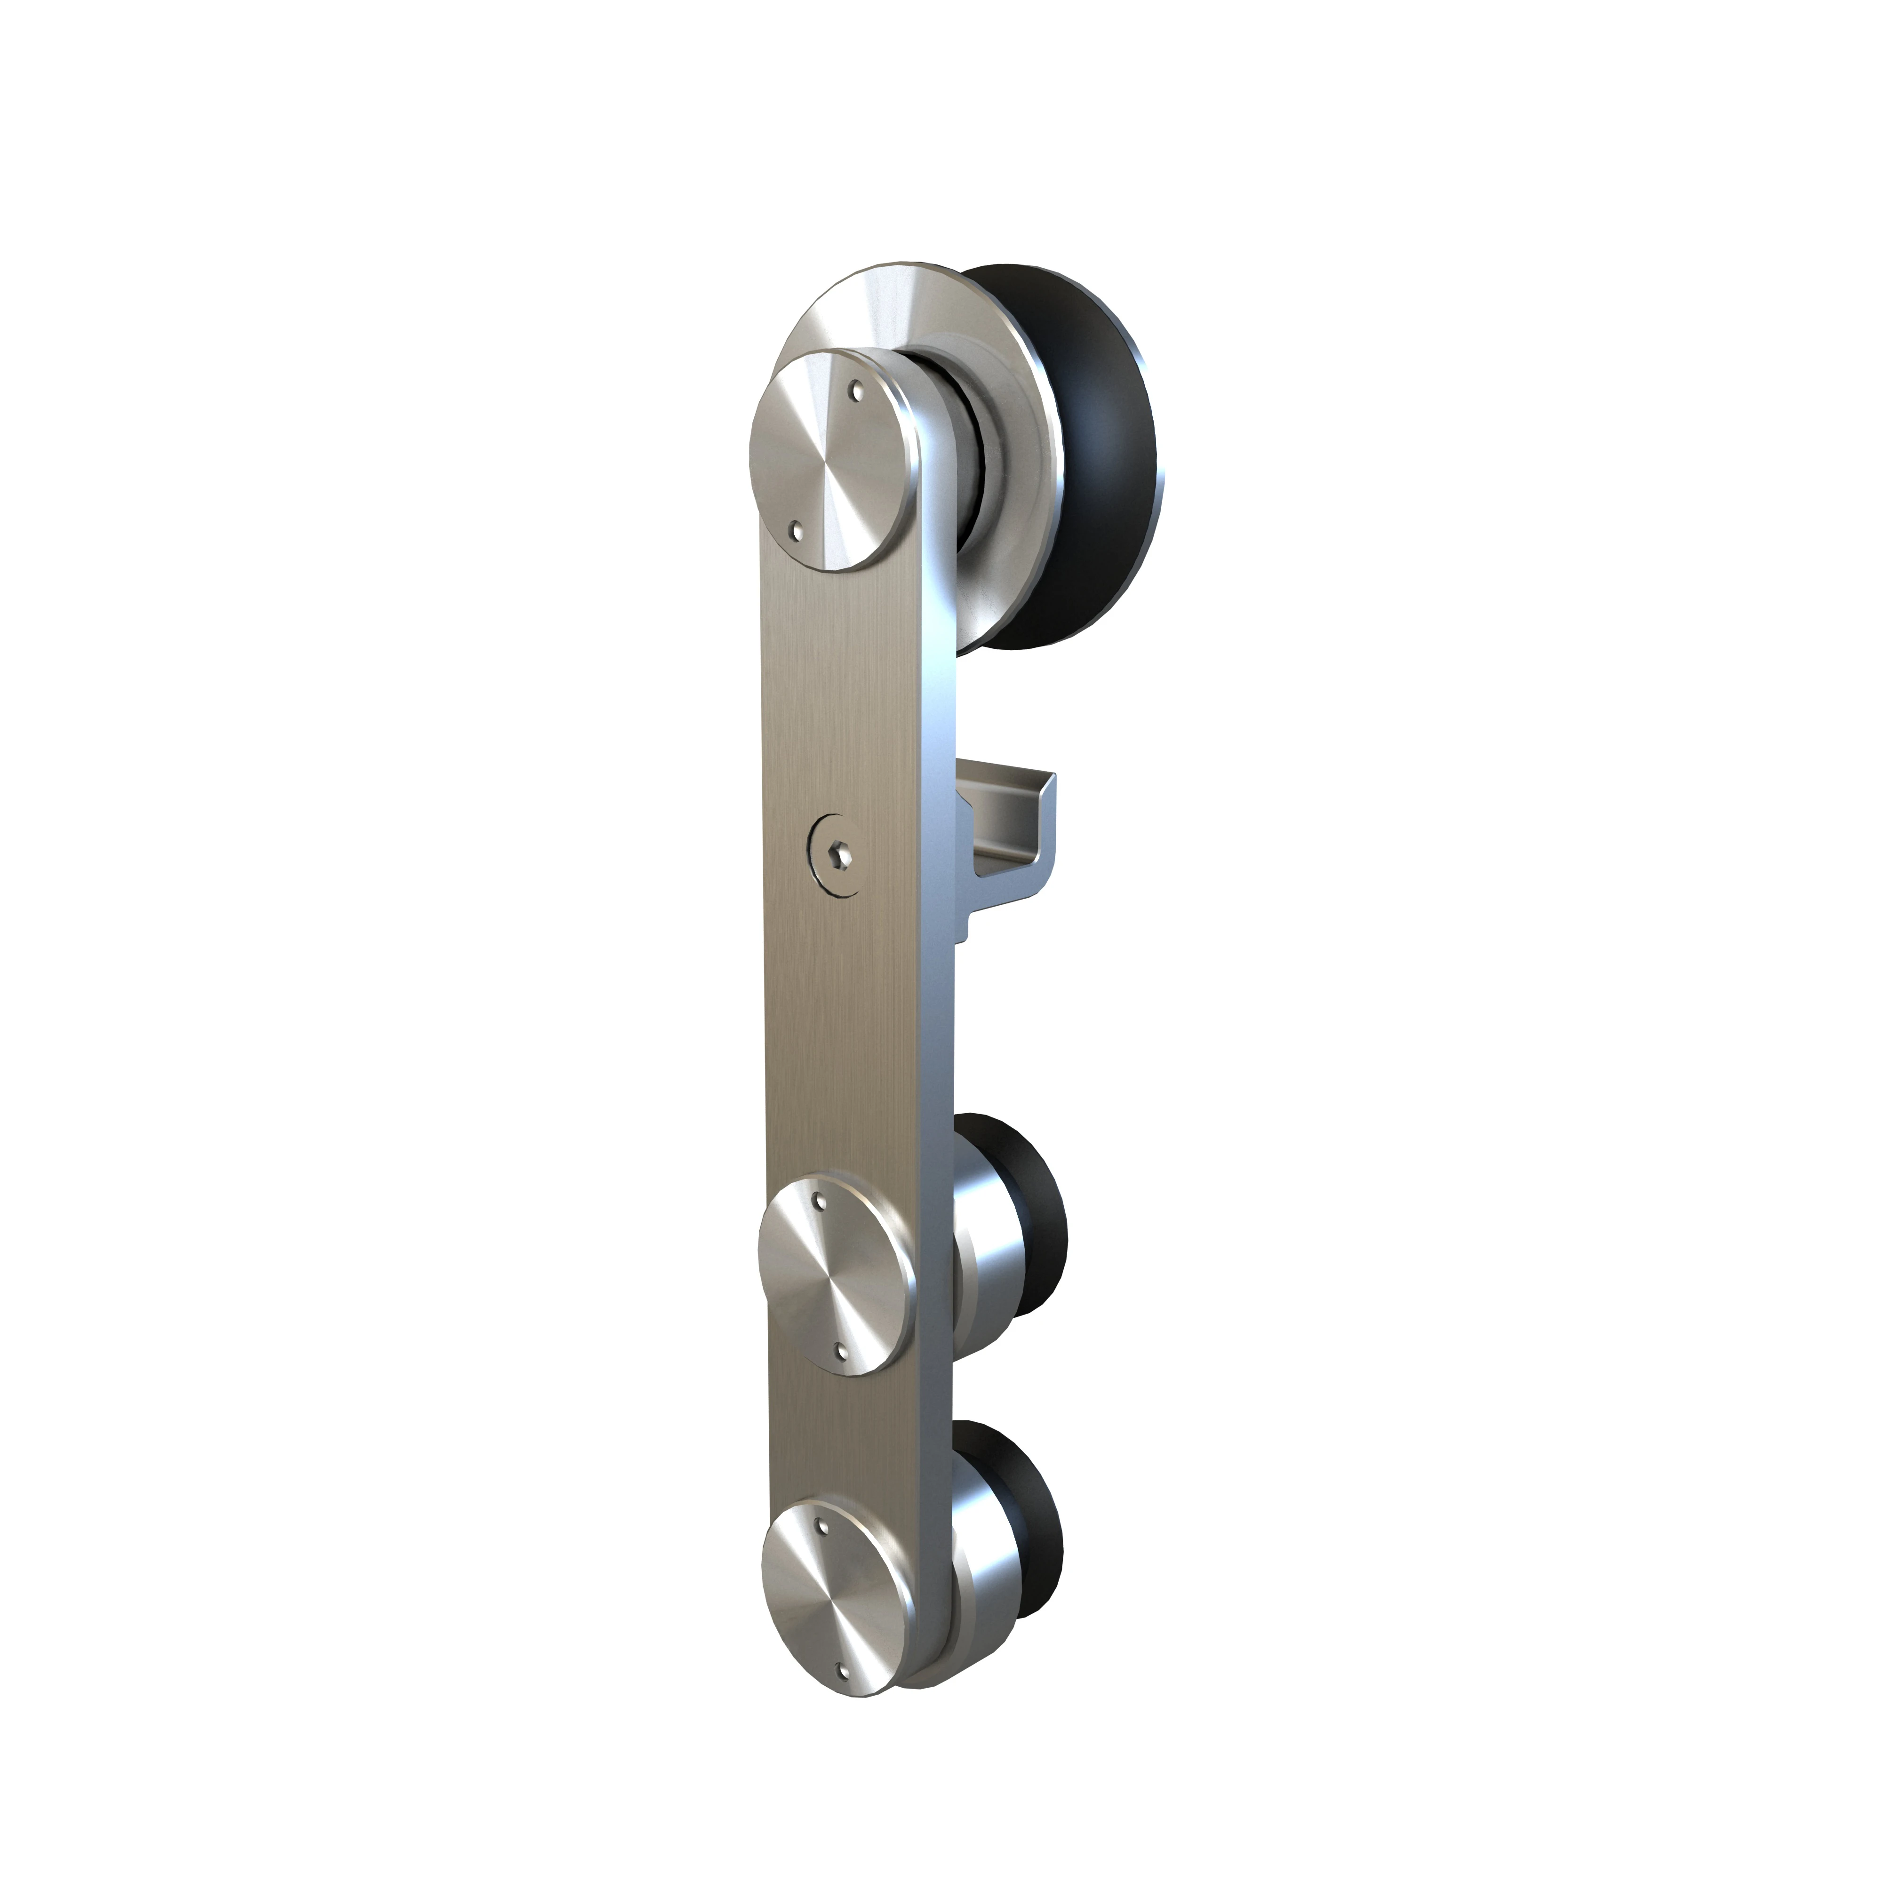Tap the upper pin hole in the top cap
pos(857,393)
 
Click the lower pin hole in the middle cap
pos(844,1349)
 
